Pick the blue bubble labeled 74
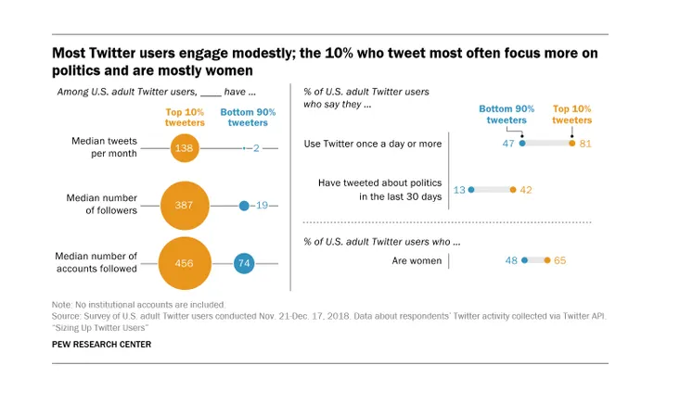click(244, 264)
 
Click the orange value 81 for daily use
click(584, 144)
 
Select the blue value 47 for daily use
click(509, 144)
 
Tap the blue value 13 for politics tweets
click(458, 190)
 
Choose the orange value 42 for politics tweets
click(525, 190)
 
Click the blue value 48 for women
click(511, 260)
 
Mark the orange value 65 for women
click(559, 260)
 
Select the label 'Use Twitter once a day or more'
click(373, 144)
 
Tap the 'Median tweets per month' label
click(104, 147)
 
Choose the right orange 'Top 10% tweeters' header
click(571, 114)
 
